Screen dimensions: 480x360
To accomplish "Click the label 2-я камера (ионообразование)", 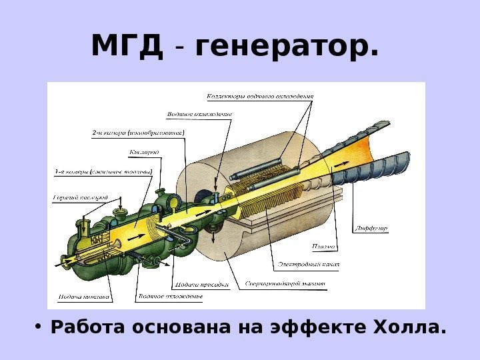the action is [x=138, y=133].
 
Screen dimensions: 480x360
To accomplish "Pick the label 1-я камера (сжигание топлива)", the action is [x=103, y=172].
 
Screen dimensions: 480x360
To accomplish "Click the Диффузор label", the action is [x=372, y=228].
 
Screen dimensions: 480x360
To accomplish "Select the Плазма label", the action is [x=322, y=247].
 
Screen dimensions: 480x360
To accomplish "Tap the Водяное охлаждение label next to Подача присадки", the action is [x=169, y=295].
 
